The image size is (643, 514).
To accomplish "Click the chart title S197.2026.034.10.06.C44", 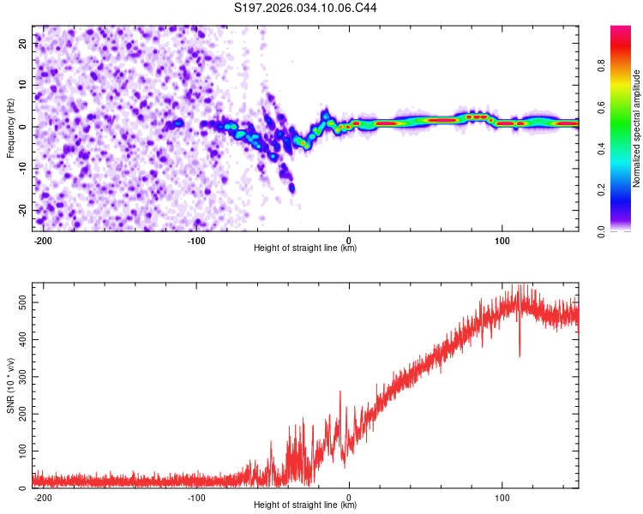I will coord(306,9).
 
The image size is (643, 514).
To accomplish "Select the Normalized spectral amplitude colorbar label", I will coord(636,129).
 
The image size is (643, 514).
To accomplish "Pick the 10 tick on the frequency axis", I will coord(24,85).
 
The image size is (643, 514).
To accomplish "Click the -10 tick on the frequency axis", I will coord(22,168).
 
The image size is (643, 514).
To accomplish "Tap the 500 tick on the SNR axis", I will coord(21,303).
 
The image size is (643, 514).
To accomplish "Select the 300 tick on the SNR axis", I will coord(21,377).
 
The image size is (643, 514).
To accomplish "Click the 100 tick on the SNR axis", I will coord(21,451).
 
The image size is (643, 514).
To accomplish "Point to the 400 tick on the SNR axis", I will coord(21,340).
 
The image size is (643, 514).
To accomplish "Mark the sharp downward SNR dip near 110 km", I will coord(519,353).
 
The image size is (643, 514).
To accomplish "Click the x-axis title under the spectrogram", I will coord(305,248).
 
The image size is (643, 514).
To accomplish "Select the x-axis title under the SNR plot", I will coord(305,505).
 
